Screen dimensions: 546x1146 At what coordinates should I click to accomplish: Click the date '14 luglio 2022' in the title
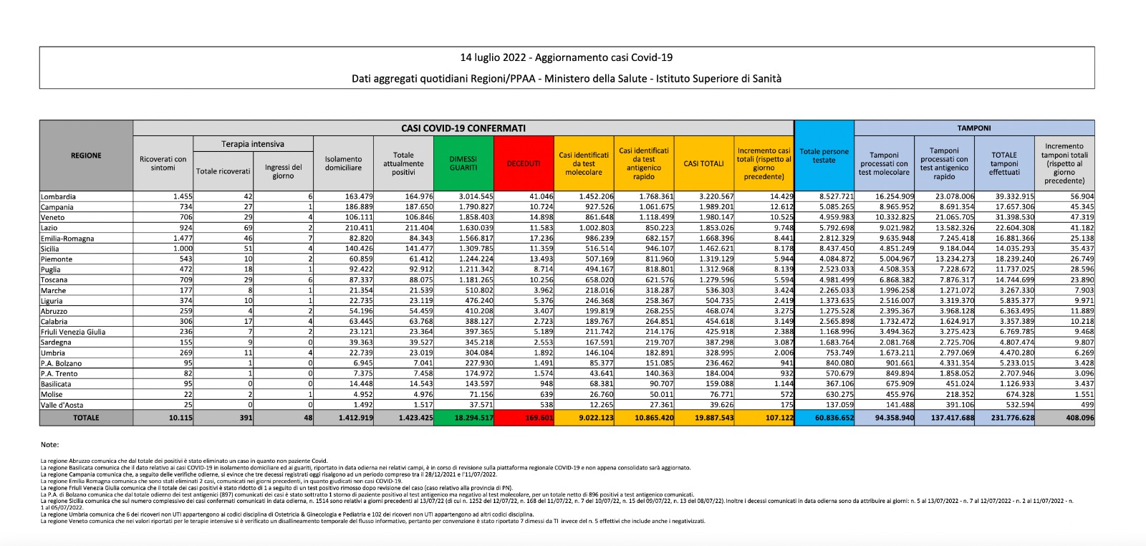[x=493, y=58]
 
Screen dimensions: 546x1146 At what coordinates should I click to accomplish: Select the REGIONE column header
[x=86, y=155]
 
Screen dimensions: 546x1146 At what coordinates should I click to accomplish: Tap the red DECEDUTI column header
[x=524, y=163]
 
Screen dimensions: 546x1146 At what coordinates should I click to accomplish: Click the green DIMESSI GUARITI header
[x=463, y=163]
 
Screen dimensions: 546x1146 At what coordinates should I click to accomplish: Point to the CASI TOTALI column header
[x=703, y=163]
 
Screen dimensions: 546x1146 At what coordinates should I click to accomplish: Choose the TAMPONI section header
[x=974, y=128]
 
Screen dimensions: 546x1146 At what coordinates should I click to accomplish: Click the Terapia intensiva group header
[x=253, y=144]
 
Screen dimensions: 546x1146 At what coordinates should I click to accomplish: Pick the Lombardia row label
[x=59, y=196]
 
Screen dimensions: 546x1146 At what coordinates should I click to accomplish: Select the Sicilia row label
[x=52, y=249]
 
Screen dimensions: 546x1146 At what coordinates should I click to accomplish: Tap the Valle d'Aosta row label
[x=62, y=405]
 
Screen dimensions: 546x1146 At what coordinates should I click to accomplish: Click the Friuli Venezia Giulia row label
[x=73, y=332]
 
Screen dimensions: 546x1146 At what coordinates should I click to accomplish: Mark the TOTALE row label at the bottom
[x=86, y=418]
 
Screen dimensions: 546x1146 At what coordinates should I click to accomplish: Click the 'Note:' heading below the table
[x=49, y=445]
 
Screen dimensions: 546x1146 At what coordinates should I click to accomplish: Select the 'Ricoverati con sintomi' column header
[x=163, y=163]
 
